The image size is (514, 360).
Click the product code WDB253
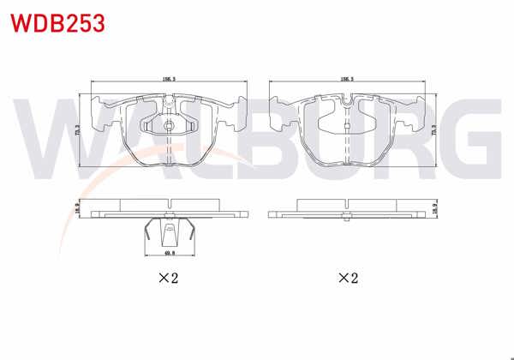point(57,22)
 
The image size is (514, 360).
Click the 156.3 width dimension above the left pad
point(169,79)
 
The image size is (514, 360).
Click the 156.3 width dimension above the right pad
point(347,79)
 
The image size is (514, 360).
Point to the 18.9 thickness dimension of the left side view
point(77,208)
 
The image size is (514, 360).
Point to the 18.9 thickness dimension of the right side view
point(435,208)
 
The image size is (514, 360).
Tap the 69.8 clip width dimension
point(170,254)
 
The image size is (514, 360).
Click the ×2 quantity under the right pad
point(347,279)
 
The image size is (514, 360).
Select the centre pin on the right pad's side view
point(347,215)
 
